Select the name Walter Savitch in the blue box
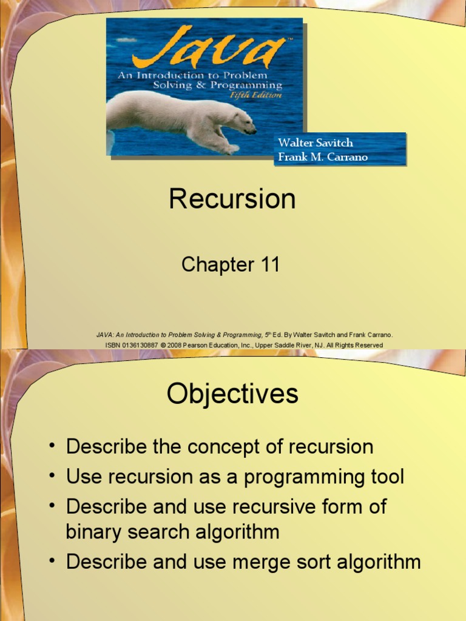coord(315,143)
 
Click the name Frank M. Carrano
coord(322,157)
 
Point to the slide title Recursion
coord(232,200)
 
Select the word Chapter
coord(217,265)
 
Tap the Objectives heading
coord(232,394)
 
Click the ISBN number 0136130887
coord(141,345)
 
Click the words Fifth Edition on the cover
coord(260,95)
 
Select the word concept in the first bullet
coord(226,448)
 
